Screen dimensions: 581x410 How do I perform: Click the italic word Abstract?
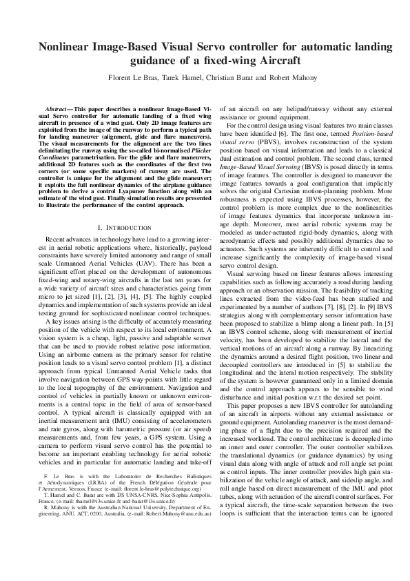pyautogui.click(x=57, y=109)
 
